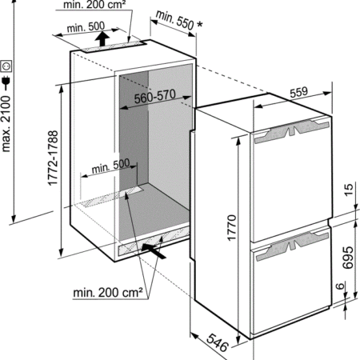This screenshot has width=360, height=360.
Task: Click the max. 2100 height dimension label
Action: tap(6, 125)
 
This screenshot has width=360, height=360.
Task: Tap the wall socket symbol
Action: tap(6, 66)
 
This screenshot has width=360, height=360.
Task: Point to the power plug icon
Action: tap(6, 82)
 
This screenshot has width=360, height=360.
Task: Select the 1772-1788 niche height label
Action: tap(53, 158)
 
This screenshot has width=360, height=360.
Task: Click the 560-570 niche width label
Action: tap(155, 97)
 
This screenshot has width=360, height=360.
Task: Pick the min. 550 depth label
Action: tap(174, 20)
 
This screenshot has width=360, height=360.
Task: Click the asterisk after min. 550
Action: tap(199, 25)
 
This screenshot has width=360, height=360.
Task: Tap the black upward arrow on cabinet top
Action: tap(102, 39)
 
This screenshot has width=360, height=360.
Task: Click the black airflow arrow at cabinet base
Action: tap(154, 250)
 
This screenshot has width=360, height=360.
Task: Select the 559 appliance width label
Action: tap(299, 92)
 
